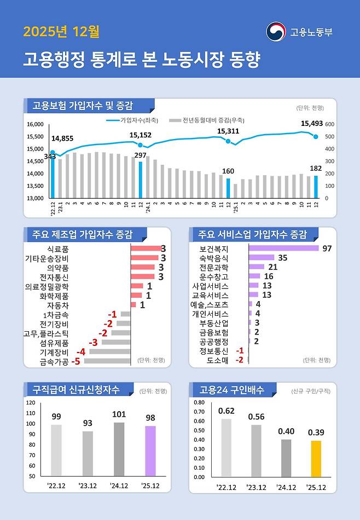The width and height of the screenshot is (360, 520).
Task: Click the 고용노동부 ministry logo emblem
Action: pos(276,32)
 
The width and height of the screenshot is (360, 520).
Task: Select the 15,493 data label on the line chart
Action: pos(312,124)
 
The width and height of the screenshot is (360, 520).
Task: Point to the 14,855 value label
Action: pos(62,138)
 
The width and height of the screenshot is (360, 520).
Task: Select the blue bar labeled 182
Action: pos(316,187)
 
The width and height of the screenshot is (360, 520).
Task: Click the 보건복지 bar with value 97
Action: pos(283,249)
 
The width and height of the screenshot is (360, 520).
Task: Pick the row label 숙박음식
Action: pos(214,258)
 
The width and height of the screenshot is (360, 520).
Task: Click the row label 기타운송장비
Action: pos(47,258)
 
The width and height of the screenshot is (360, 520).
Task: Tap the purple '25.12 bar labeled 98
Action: pos(150,450)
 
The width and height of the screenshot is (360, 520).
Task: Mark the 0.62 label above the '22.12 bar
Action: pos(226,411)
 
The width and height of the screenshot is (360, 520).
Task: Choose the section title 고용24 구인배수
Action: pos(231,390)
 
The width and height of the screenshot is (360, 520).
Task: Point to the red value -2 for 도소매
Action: pos(239,360)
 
